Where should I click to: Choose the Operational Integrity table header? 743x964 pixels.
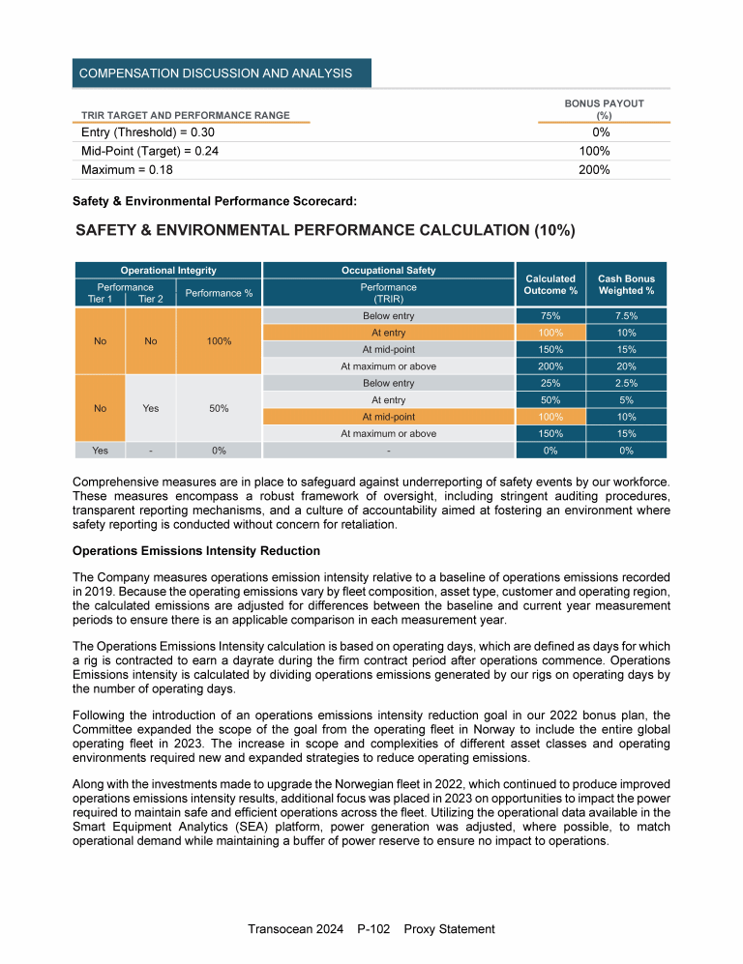(167, 270)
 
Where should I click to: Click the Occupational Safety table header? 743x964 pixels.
(388, 270)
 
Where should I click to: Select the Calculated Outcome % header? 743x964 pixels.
(550, 284)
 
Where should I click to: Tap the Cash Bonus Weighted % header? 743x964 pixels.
(626, 284)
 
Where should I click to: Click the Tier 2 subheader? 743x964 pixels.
(150, 299)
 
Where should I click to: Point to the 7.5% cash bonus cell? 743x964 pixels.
(626, 316)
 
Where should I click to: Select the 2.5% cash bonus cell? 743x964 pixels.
(626, 383)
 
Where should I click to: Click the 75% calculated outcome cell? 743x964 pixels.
(550, 316)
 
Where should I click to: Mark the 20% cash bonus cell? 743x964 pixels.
(626, 366)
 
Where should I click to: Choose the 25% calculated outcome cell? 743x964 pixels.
(550, 383)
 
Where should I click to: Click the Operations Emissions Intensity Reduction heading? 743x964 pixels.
(196, 551)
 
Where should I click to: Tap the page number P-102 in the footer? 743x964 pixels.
(372, 929)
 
